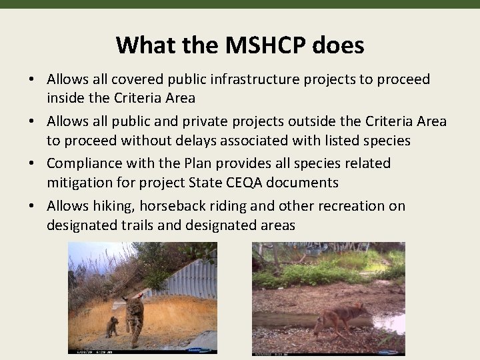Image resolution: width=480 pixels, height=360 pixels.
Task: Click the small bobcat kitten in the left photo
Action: tap(113, 327)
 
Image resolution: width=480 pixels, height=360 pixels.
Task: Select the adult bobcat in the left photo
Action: tap(135, 317)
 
